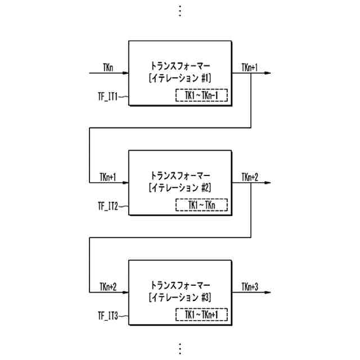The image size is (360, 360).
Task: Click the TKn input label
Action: click(107, 68)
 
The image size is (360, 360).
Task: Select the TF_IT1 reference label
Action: click(107, 97)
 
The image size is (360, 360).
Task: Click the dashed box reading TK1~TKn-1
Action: click(201, 96)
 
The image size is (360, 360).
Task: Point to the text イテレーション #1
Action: click(180, 78)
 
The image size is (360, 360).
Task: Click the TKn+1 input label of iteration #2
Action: click(107, 178)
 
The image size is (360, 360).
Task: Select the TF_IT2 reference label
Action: click(107, 206)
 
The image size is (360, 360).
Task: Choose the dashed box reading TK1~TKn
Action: click(201, 205)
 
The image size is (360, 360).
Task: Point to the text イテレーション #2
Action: click(180, 187)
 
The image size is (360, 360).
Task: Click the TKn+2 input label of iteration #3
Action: click(107, 287)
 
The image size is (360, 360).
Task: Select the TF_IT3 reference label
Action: click(107, 316)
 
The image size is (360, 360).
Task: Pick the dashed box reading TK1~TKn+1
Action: click(201, 315)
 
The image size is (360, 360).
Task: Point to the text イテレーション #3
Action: click(180, 297)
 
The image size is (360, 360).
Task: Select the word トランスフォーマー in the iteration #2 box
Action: click(180, 174)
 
